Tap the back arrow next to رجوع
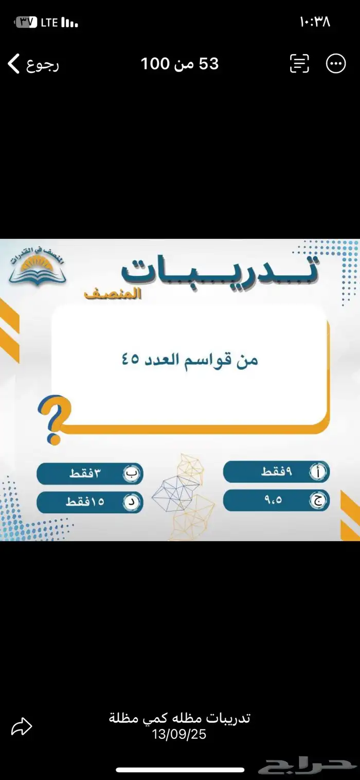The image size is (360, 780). pos(14,64)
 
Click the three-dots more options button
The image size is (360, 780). pos(336,64)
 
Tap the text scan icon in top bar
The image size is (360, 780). pos(299,64)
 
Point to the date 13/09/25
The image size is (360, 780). pos(179,735)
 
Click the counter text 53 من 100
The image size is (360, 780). pos(179,64)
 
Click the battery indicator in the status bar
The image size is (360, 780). pos(27,22)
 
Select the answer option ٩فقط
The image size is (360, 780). pos(276,472)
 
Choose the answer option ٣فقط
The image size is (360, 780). pos(89,474)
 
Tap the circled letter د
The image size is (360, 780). pos(132,503)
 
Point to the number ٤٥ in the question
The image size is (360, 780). pos(131,359)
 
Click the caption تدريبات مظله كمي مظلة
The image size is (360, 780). pos(179,718)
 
